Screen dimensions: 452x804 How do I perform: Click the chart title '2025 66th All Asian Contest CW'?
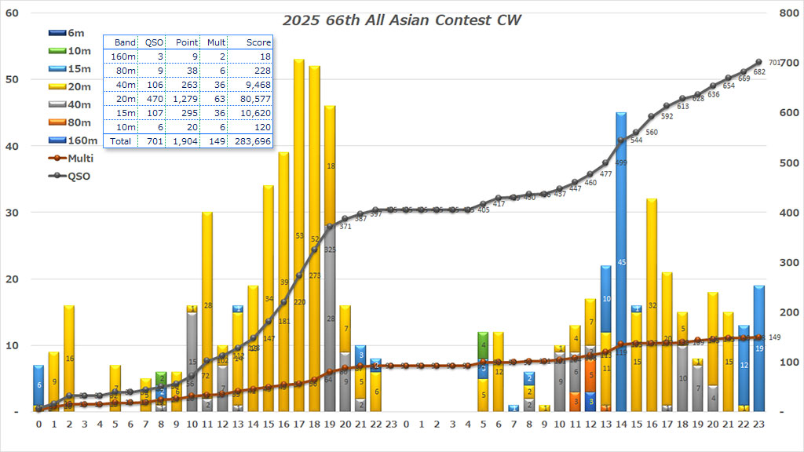[x=402, y=20]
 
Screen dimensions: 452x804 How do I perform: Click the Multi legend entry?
[x=80, y=159]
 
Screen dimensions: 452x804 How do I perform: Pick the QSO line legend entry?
[x=79, y=176]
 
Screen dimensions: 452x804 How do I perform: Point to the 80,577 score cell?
[x=253, y=99]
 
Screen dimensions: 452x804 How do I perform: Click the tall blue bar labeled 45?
[x=621, y=262]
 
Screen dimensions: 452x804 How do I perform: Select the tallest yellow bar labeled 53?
[x=298, y=235]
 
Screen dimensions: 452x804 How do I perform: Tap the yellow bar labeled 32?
[x=652, y=305]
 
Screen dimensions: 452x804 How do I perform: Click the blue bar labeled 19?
[x=759, y=348]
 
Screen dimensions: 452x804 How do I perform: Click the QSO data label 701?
[x=773, y=63]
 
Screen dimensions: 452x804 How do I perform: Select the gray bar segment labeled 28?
[x=330, y=319]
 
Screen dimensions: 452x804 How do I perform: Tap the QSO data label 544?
[x=636, y=140]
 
